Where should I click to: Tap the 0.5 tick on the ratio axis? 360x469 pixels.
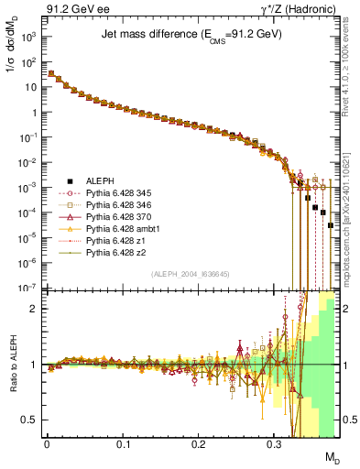tap(29, 420)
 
